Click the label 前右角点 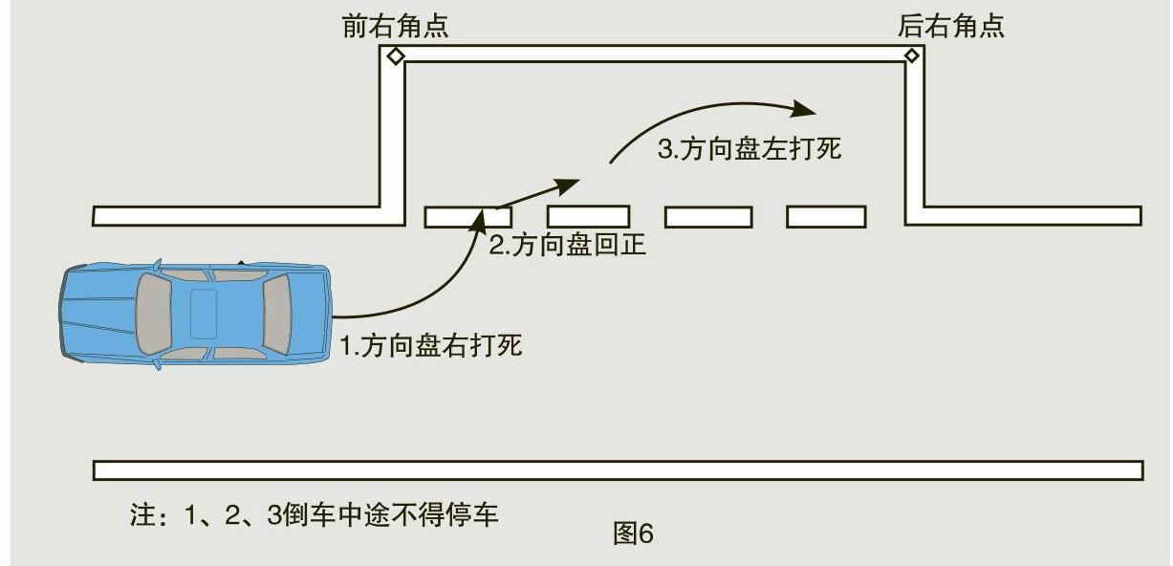(x=395, y=26)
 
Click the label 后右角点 (x=950, y=26)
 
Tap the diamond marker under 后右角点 (x=911, y=56)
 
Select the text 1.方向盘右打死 (x=432, y=345)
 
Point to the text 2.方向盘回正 (x=568, y=246)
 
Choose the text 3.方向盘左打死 (x=749, y=149)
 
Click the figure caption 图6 (x=633, y=533)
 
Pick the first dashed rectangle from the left (x=467, y=217)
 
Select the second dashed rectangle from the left (x=588, y=216)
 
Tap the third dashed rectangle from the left (x=707, y=217)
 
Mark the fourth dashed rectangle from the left (x=826, y=217)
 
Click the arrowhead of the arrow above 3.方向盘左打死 (x=810, y=106)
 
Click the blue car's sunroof (x=204, y=313)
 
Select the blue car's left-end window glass (x=152, y=313)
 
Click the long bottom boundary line (x=618, y=470)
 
